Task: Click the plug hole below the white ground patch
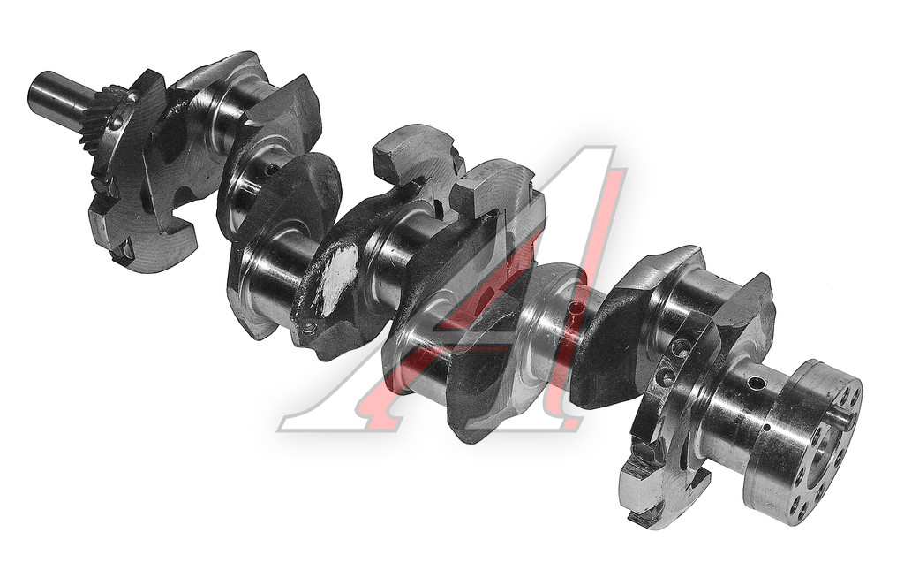309,329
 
